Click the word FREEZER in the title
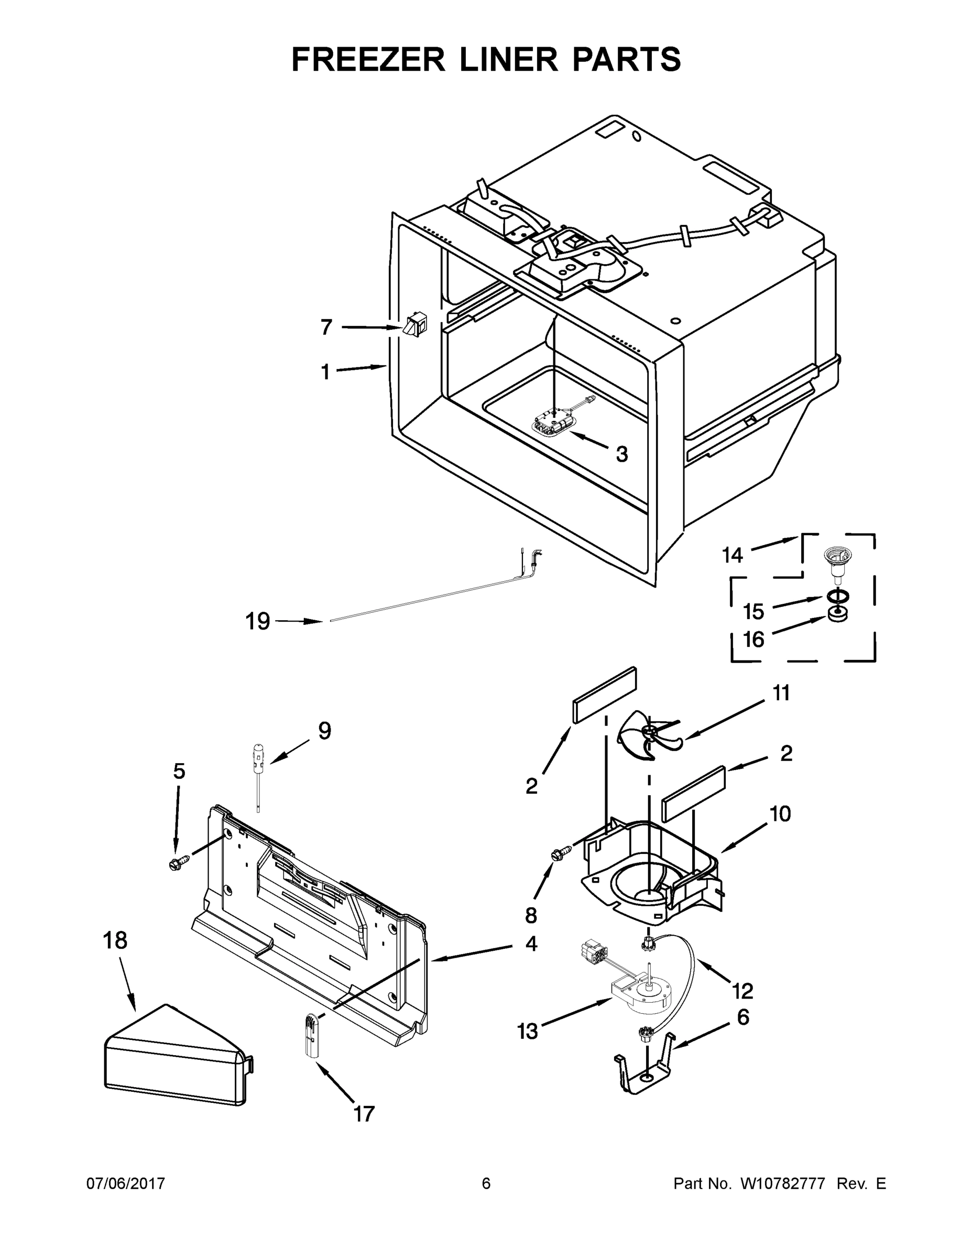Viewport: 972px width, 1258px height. click(x=368, y=59)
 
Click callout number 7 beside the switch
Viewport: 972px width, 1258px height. click(x=326, y=327)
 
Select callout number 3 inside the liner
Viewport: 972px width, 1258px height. click(x=621, y=454)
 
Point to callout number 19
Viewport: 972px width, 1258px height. click(x=257, y=622)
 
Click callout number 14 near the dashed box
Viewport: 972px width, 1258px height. click(x=733, y=555)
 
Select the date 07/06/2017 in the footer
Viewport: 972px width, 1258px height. click(x=126, y=1183)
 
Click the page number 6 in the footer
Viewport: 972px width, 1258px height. click(x=486, y=1183)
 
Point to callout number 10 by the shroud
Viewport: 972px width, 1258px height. click(x=780, y=814)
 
